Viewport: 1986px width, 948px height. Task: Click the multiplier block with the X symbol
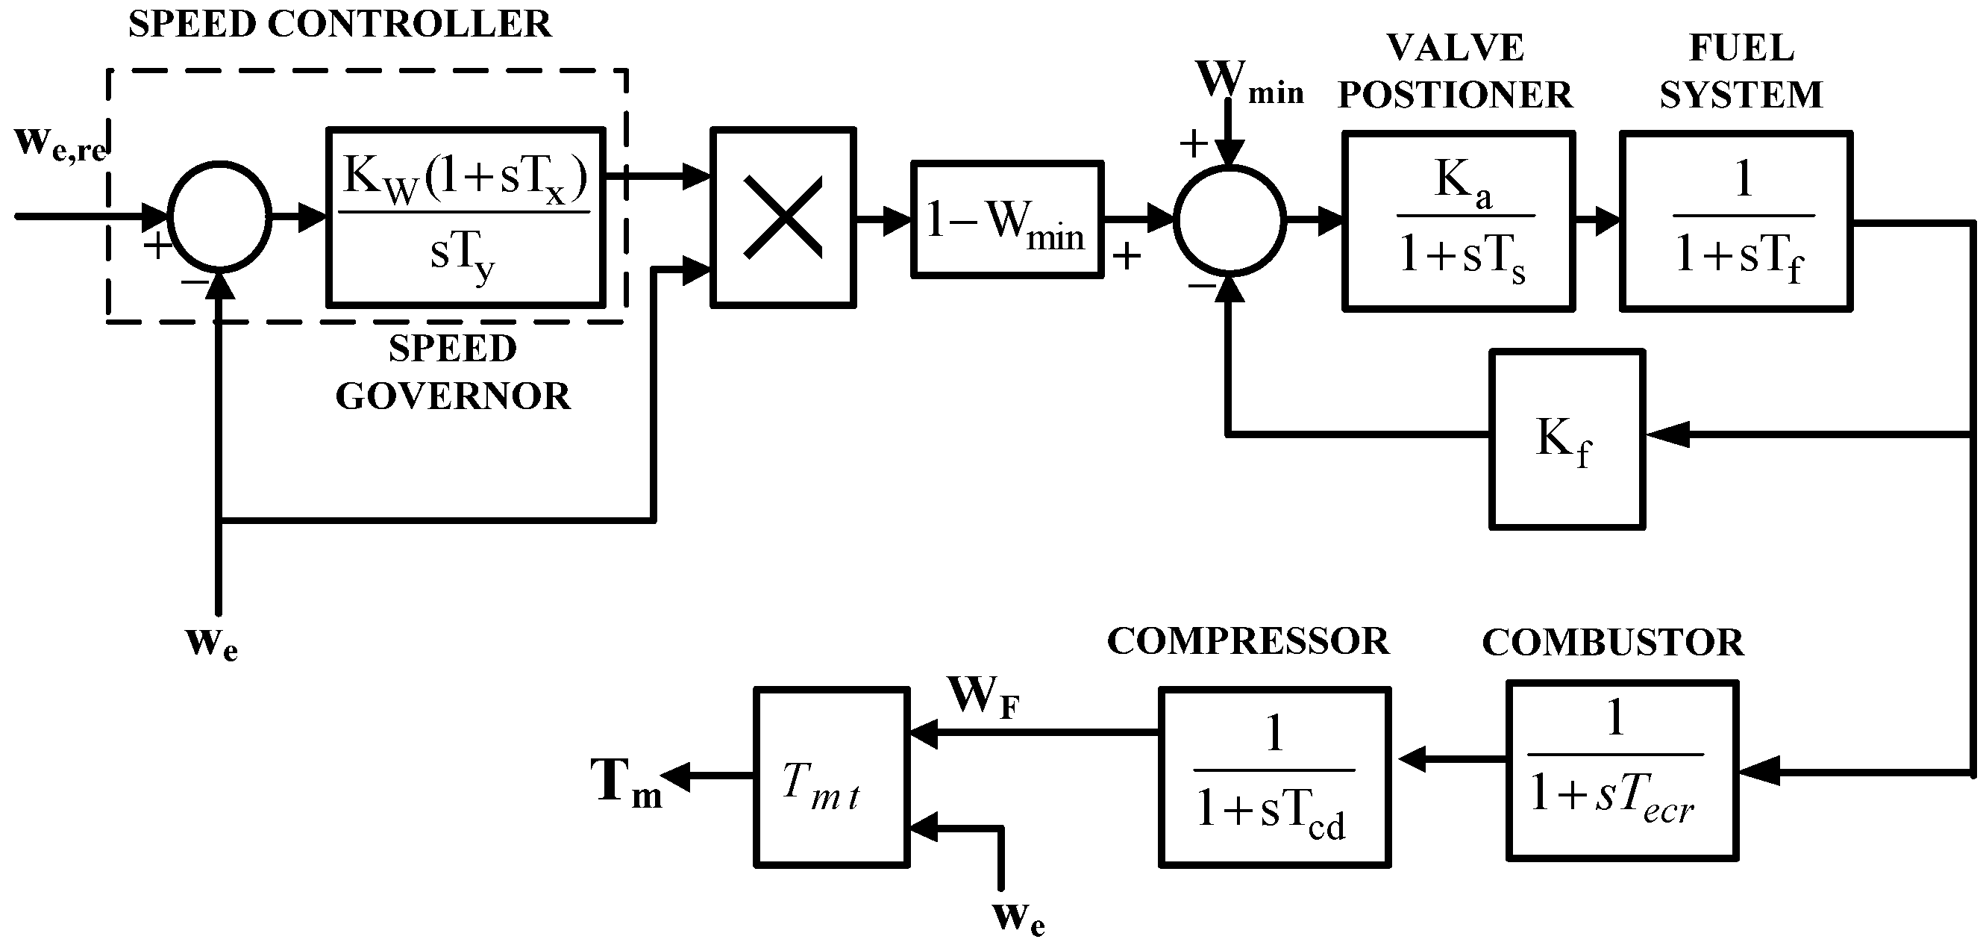click(783, 218)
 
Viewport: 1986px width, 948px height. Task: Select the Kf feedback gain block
click(1567, 440)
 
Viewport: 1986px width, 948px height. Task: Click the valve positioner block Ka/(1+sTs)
click(1458, 222)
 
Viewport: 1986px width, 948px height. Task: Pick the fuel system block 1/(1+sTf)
click(1735, 222)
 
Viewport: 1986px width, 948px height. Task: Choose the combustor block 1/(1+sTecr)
click(1622, 770)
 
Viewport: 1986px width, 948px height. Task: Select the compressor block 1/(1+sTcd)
click(1274, 778)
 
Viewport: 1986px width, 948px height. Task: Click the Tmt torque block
click(831, 778)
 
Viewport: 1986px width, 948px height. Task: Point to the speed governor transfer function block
click(465, 217)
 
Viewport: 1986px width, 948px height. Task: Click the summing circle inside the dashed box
click(220, 216)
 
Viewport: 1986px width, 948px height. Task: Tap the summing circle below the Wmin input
click(1229, 220)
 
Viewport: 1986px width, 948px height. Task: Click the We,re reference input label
click(60, 145)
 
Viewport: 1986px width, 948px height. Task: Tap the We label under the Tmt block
click(1018, 919)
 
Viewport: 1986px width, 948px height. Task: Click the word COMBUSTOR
click(1613, 643)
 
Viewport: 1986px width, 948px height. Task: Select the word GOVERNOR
click(453, 397)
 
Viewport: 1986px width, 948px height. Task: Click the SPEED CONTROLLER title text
click(339, 24)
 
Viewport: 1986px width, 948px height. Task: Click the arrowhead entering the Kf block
click(1665, 435)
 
